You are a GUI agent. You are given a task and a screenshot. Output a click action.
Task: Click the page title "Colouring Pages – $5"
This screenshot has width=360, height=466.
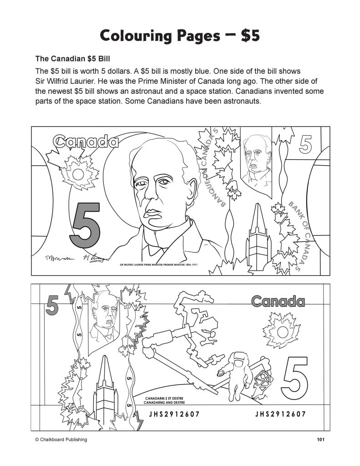[180, 35]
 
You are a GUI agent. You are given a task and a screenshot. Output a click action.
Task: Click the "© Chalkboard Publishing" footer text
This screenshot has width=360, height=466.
[61, 439]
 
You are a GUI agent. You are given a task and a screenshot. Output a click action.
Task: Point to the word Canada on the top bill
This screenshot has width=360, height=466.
[86, 142]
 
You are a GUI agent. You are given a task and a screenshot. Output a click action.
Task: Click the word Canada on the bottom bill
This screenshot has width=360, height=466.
[278, 301]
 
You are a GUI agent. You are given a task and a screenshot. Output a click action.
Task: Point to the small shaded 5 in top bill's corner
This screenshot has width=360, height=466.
[306, 145]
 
